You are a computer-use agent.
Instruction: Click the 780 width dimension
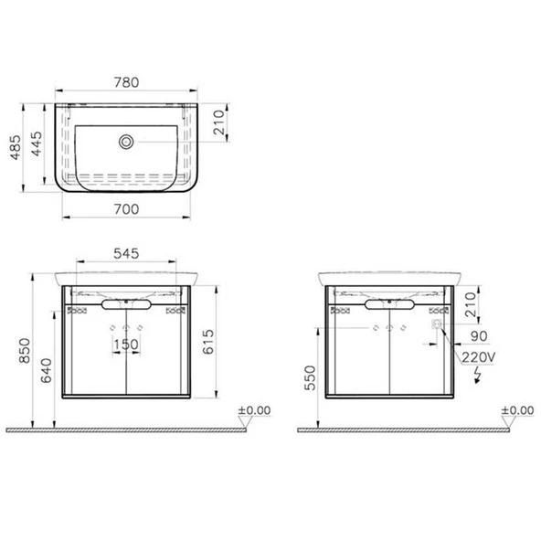point(127,82)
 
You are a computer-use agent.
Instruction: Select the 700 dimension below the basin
point(127,209)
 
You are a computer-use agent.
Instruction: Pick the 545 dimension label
point(127,255)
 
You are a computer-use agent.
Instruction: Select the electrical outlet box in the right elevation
point(437,324)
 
